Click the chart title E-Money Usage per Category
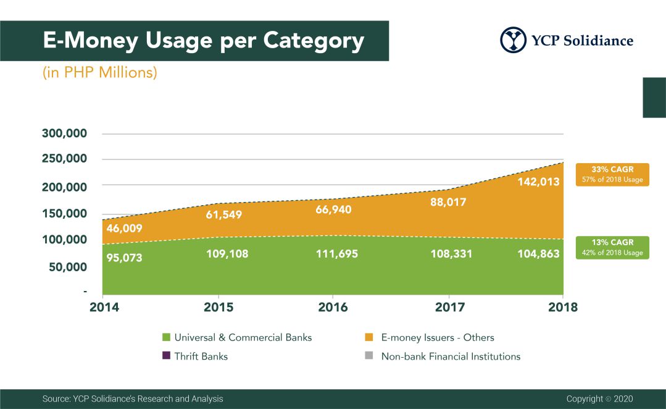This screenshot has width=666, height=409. pyautogui.click(x=203, y=41)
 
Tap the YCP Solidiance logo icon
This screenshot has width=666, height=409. pyautogui.click(x=514, y=40)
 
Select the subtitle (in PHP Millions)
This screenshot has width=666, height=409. pyautogui.click(x=100, y=72)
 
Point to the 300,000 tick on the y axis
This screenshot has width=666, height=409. pyautogui.click(x=64, y=133)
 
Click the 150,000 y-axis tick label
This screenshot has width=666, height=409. pyautogui.click(x=64, y=214)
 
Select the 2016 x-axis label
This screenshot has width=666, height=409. pyautogui.click(x=333, y=307)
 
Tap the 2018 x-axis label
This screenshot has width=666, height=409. pyautogui.click(x=563, y=307)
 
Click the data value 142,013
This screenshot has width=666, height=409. pyautogui.click(x=539, y=182)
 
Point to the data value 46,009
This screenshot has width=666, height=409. pyautogui.click(x=124, y=229)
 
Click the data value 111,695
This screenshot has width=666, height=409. pyautogui.click(x=333, y=253)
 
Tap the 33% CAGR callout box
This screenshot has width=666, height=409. pyautogui.click(x=612, y=174)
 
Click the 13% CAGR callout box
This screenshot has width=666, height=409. pyautogui.click(x=612, y=247)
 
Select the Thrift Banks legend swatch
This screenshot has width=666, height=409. pyautogui.click(x=165, y=356)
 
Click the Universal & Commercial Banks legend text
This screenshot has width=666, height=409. pyautogui.click(x=243, y=337)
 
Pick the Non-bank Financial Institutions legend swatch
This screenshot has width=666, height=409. pyautogui.click(x=369, y=356)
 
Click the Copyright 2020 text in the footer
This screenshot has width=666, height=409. pyautogui.click(x=599, y=399)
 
